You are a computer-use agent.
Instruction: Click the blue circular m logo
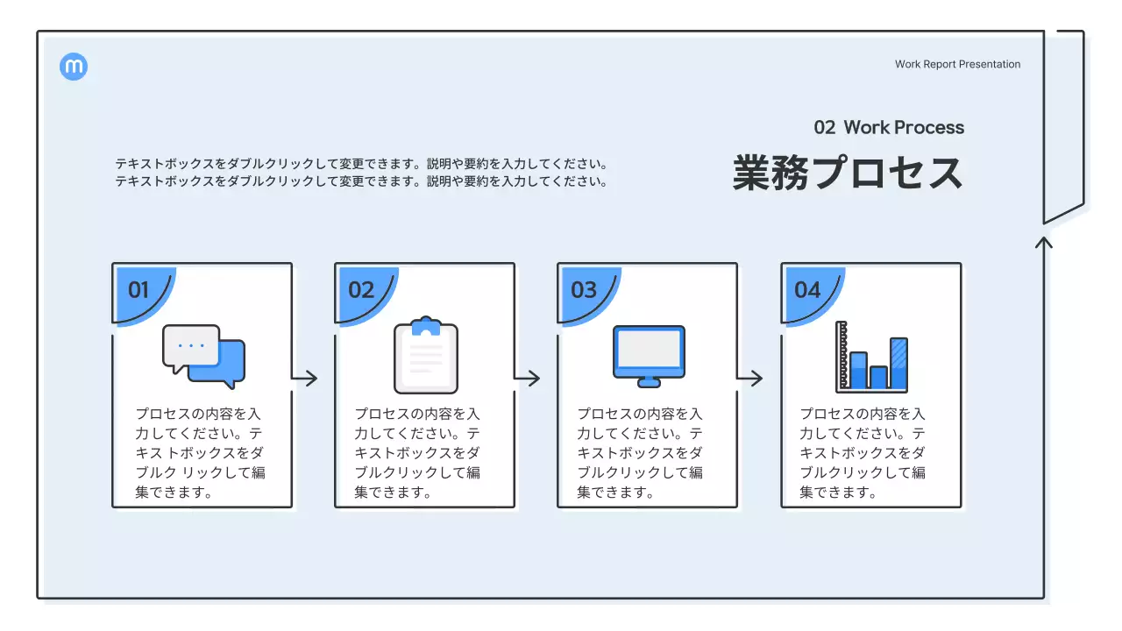point(74,67)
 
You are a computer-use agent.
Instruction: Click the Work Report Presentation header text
point(957,64)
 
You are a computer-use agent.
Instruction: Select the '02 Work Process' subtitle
point(888,127)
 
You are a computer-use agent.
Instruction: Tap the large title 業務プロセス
point(848,173)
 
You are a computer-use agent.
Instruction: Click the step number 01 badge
point(138,290)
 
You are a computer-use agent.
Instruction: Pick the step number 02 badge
point(361,290)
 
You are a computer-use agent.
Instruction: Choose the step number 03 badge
point(584,290)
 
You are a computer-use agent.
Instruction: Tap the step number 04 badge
point(807,290)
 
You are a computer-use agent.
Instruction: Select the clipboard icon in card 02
point(426,355)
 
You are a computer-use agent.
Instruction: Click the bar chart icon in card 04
point(871,356)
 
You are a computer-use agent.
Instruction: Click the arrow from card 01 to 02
point(305,379)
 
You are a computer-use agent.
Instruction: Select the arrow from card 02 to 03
point(528,379)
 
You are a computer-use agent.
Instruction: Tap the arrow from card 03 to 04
point(750,379)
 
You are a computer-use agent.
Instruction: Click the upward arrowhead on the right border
point(1043,241)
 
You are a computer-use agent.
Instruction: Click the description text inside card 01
point(200,452)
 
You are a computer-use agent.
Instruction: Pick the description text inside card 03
point(640,452)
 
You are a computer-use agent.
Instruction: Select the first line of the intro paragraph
point(361,164)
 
